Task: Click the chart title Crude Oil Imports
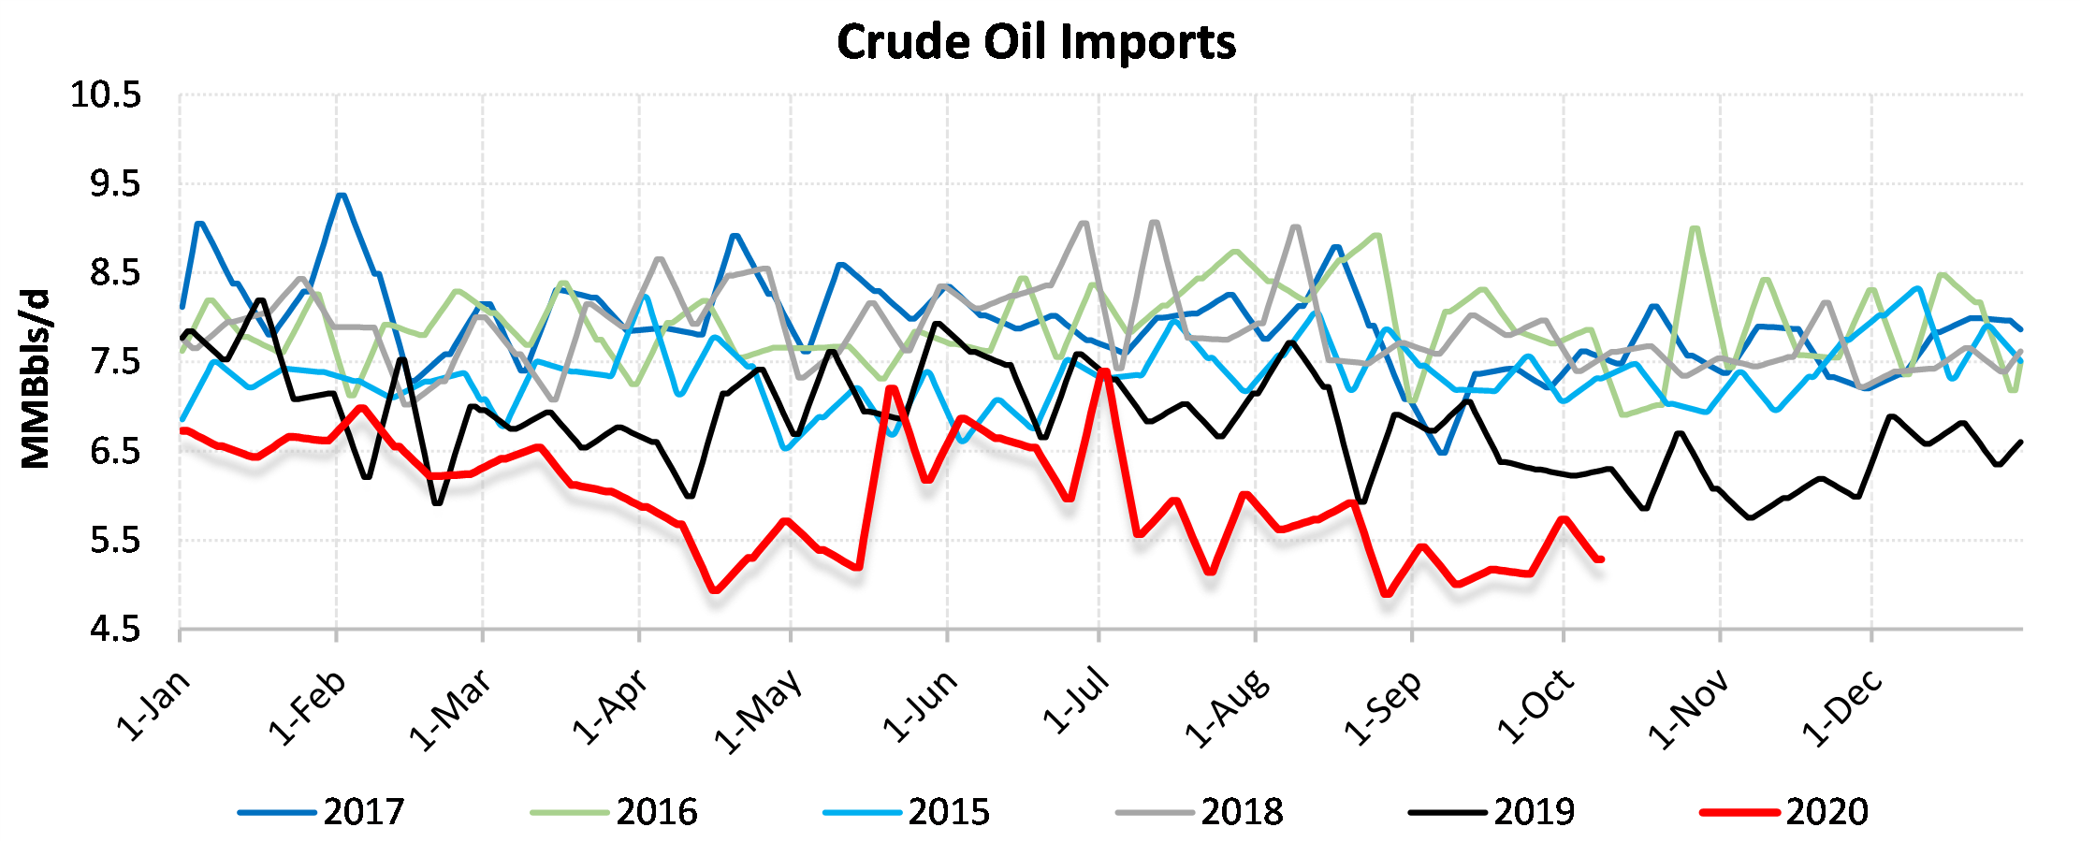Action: coord(1036,42)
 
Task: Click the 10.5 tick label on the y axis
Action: coord(106,94)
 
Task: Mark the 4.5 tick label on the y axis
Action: coord(115,630)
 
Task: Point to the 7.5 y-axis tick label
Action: coord(115,362)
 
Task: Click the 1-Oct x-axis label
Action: coord(1535,706)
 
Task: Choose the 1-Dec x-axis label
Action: coord(1841,709)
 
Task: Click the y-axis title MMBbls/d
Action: coord(36,379)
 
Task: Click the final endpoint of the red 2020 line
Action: coord(1601,559)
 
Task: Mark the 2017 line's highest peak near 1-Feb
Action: coord(342,196)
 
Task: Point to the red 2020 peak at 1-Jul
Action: coord(1104,371)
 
